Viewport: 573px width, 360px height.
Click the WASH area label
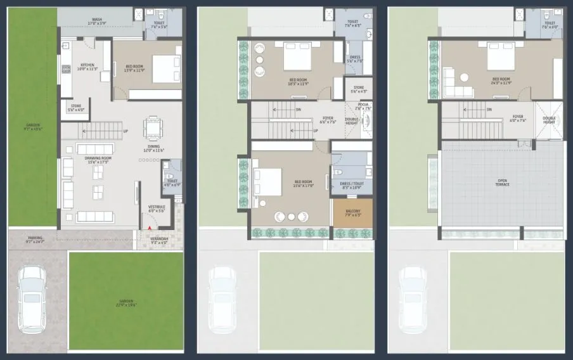click(x=97, y=20)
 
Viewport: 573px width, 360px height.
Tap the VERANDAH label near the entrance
click(x=158, y=240)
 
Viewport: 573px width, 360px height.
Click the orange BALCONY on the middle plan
click(x=352, y=213)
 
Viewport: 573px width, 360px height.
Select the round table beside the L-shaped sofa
click(x=464, y=77)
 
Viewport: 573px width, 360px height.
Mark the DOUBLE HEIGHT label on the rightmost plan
click(x=549, y=121)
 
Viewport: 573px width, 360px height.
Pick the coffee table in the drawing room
click(x=99, y=191)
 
